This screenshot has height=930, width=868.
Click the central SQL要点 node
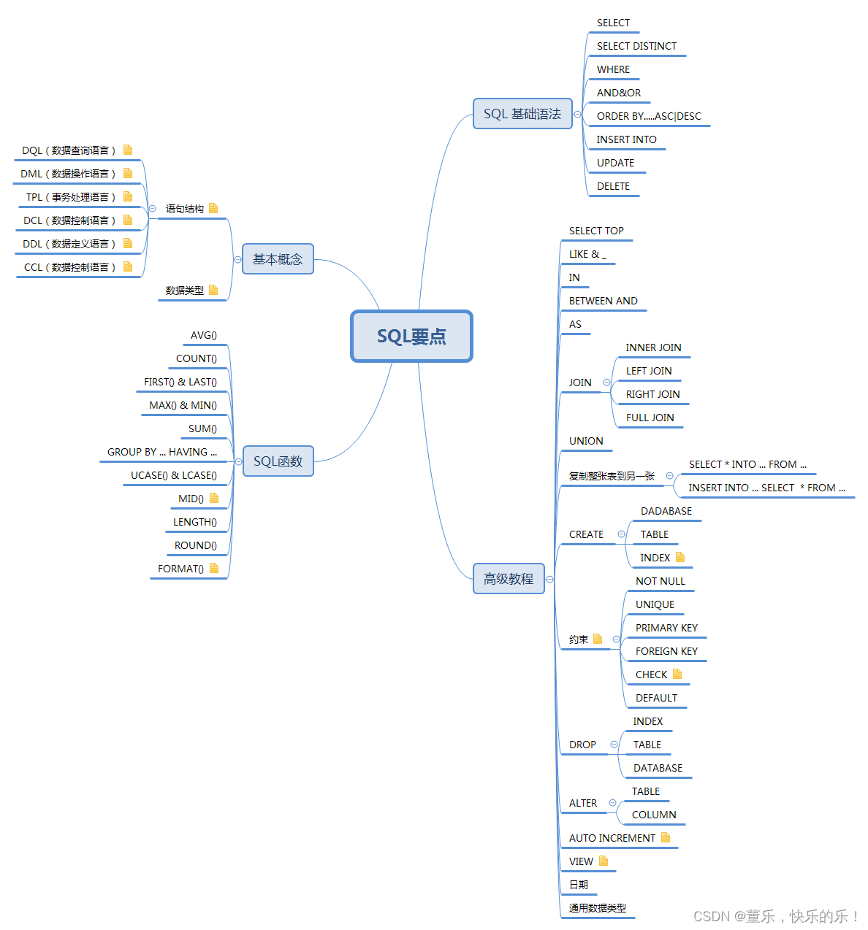coord(411,336)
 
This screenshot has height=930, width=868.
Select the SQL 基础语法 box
coord(522,114)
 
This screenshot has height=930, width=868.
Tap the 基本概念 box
coord(278,259)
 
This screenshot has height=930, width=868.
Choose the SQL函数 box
coord(278,461)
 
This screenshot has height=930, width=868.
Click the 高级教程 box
coord(509,579)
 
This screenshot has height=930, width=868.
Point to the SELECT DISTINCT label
coord(636,46)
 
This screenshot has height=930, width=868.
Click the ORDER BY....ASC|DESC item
coord(649,116)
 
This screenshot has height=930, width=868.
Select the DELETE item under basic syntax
coord(613,186)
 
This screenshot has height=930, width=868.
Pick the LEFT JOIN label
coord(649,371)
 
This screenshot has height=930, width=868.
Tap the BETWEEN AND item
coord(603,301)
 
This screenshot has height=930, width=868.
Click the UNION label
coord(586,441)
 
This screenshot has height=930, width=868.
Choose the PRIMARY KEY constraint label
coord(666,628)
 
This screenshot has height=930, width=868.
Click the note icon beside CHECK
coord(677,674)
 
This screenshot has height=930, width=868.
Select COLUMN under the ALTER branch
coord(654,815)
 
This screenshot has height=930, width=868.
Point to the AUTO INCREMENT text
coord(612,838)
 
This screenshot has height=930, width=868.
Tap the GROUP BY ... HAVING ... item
coord(162,452)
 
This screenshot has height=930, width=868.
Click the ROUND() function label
coord(196,545)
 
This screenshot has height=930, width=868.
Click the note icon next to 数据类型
coord(213,290)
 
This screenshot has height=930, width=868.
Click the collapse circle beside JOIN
coord(606,383)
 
